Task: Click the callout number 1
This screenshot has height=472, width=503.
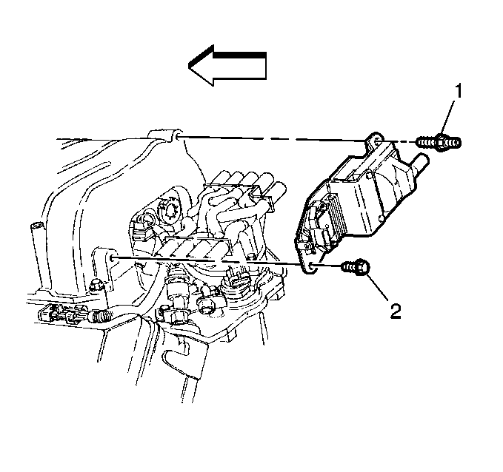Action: point(459,91)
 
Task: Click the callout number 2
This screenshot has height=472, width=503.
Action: point(396,311)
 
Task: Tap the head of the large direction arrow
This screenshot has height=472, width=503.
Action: point(201,66)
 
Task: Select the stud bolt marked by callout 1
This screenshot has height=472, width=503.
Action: point(439,142)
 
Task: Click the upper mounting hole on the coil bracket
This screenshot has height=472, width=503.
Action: point(378,141)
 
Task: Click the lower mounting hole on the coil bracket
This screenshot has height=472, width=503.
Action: point(312,265)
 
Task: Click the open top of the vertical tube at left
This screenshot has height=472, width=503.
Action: point(36,225)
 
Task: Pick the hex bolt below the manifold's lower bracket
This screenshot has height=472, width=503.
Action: point(96,285)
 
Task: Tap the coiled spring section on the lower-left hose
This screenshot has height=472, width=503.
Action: point(101,317)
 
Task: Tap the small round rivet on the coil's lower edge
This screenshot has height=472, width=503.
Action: point(382,219)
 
